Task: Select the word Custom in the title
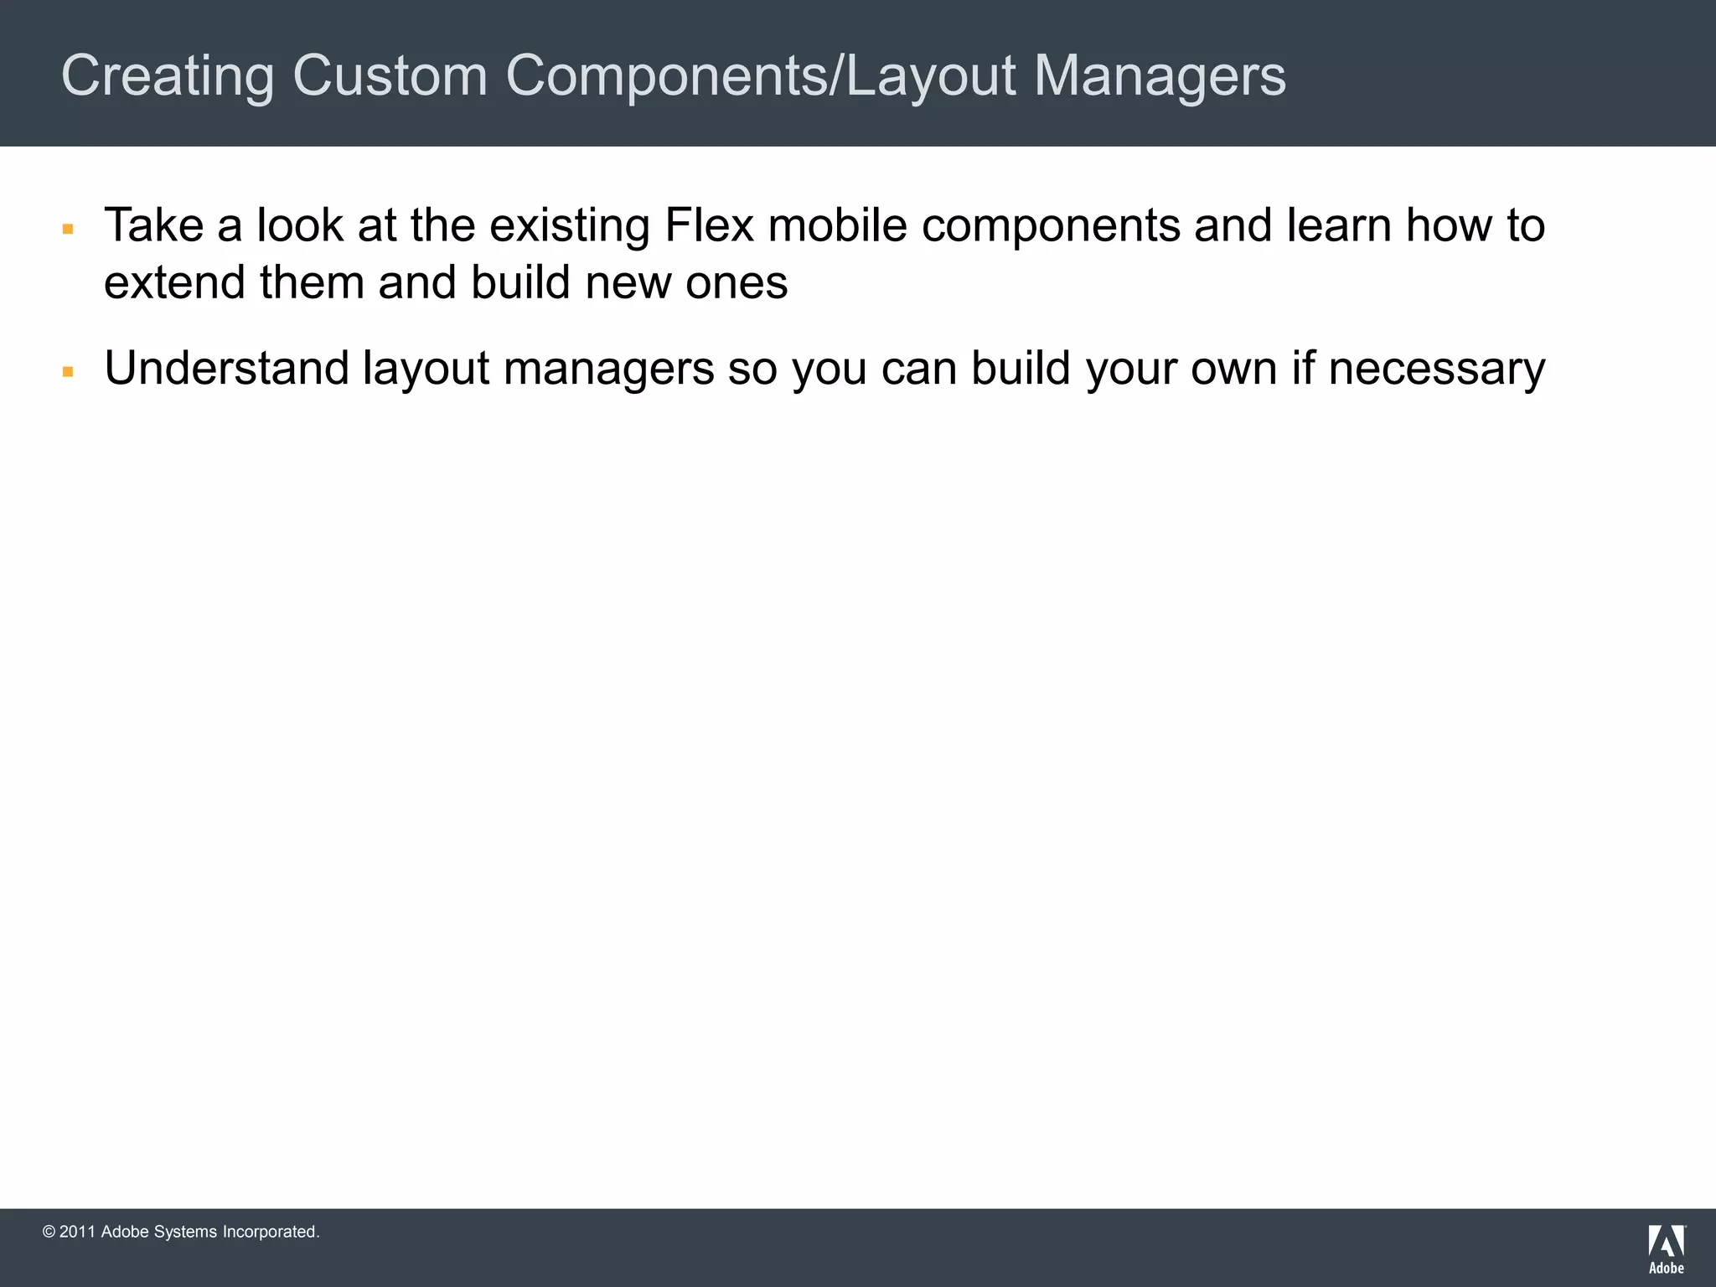pyautogui.click(x=390, y=76)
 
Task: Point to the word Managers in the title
pyautogui.click(x=1160, y=76)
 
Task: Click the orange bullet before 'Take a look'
pyautogui.click(x=69, y=228)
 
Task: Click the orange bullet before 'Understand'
pyautogui.click(x=69, y=371)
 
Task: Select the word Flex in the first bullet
pyautogui.click(x=708, y=225)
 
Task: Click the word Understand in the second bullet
pyautogui.click(x=226, y=369)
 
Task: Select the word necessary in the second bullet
pyautogui.click(x=1436, y=369)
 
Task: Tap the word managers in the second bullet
pyautogui.click(x=608, y=369)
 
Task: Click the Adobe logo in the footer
pyautogui.click(x=1667, y=1248)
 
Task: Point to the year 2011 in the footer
pyautogui.click(x=77, y=1232)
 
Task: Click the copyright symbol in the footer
pyautogui.click(x=49, y=1232)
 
